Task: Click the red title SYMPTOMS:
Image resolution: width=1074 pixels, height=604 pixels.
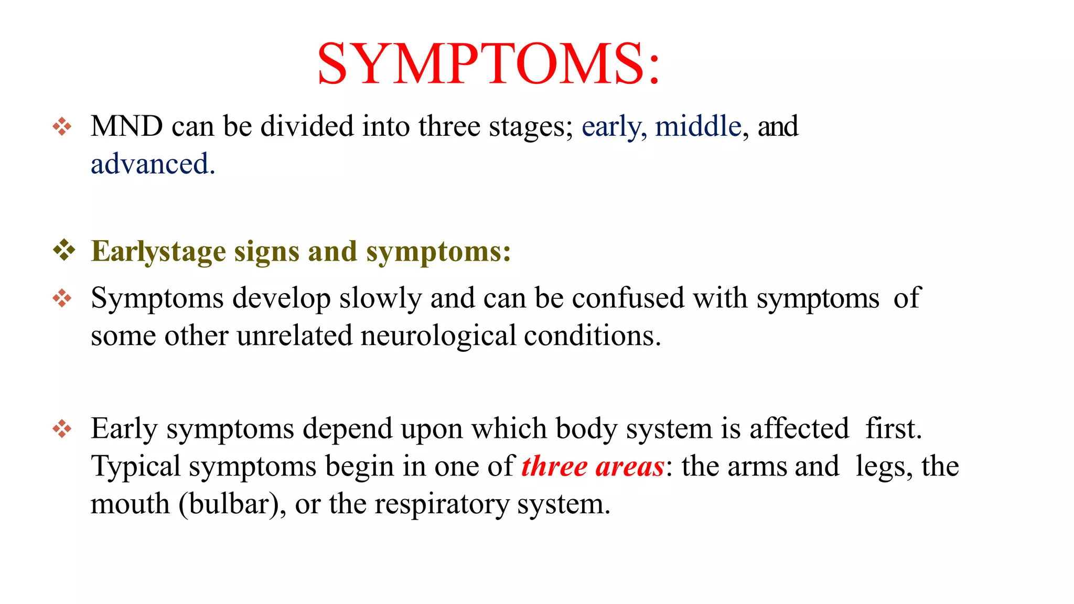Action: pos(488,64)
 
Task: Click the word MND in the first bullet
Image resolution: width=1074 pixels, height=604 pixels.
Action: pos(126,126)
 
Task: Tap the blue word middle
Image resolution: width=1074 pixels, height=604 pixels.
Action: pos(698,126)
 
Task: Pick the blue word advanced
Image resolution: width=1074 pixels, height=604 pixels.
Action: pos(153,164)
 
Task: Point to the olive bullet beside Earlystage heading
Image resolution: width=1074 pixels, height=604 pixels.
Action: pos(64,250)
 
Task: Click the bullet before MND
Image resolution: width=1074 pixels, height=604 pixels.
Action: pos(62,126)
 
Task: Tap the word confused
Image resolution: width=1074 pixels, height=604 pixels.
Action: pos(628,298)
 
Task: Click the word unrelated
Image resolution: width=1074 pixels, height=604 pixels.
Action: pos(294,336)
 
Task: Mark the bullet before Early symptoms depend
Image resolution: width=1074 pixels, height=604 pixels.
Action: pos(62,429)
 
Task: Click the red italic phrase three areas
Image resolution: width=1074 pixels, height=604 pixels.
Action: pos(593,467)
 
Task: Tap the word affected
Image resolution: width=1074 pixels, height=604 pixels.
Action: pos(799,428)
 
